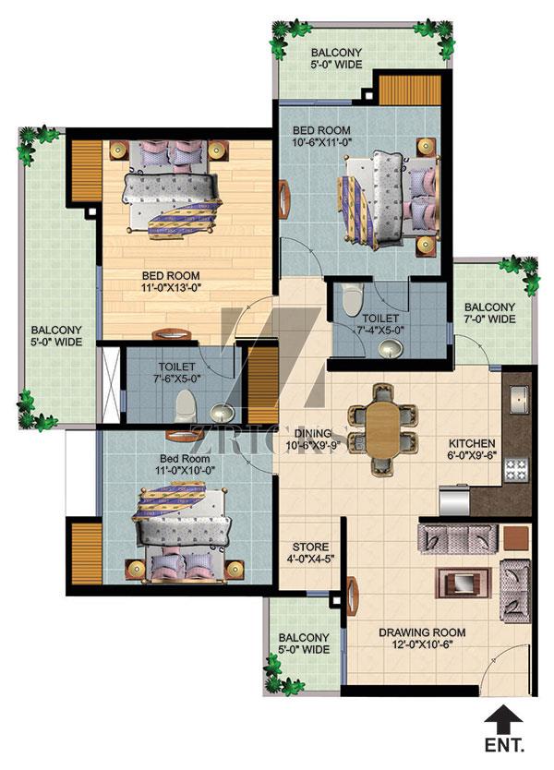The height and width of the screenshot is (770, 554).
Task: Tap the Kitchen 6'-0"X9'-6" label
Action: pos(472,449)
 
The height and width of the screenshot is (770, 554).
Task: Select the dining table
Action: pos(382,429)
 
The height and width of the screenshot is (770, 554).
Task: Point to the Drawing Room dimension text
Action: pos(422,644)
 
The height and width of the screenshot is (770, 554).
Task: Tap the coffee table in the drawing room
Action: pos(464,583)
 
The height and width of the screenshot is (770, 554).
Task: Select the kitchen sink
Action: pos(519,399)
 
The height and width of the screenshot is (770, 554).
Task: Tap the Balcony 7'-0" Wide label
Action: pos(489,313)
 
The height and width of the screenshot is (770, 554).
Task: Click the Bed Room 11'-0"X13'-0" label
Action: pos(171,282)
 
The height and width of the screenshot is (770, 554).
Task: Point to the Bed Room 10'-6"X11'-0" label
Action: pos(321,136)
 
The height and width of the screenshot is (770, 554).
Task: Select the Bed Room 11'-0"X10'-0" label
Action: pos(185,464)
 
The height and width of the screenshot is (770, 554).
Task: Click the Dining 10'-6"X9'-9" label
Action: pos(315,439)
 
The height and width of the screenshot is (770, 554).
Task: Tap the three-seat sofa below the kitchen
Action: pos(458,538)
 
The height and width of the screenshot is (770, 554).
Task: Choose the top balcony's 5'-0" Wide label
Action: pos(336,58)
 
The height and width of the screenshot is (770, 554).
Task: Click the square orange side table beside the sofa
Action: pos(516,538)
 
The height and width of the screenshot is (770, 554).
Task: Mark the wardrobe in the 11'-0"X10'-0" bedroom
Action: pos(87,553)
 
